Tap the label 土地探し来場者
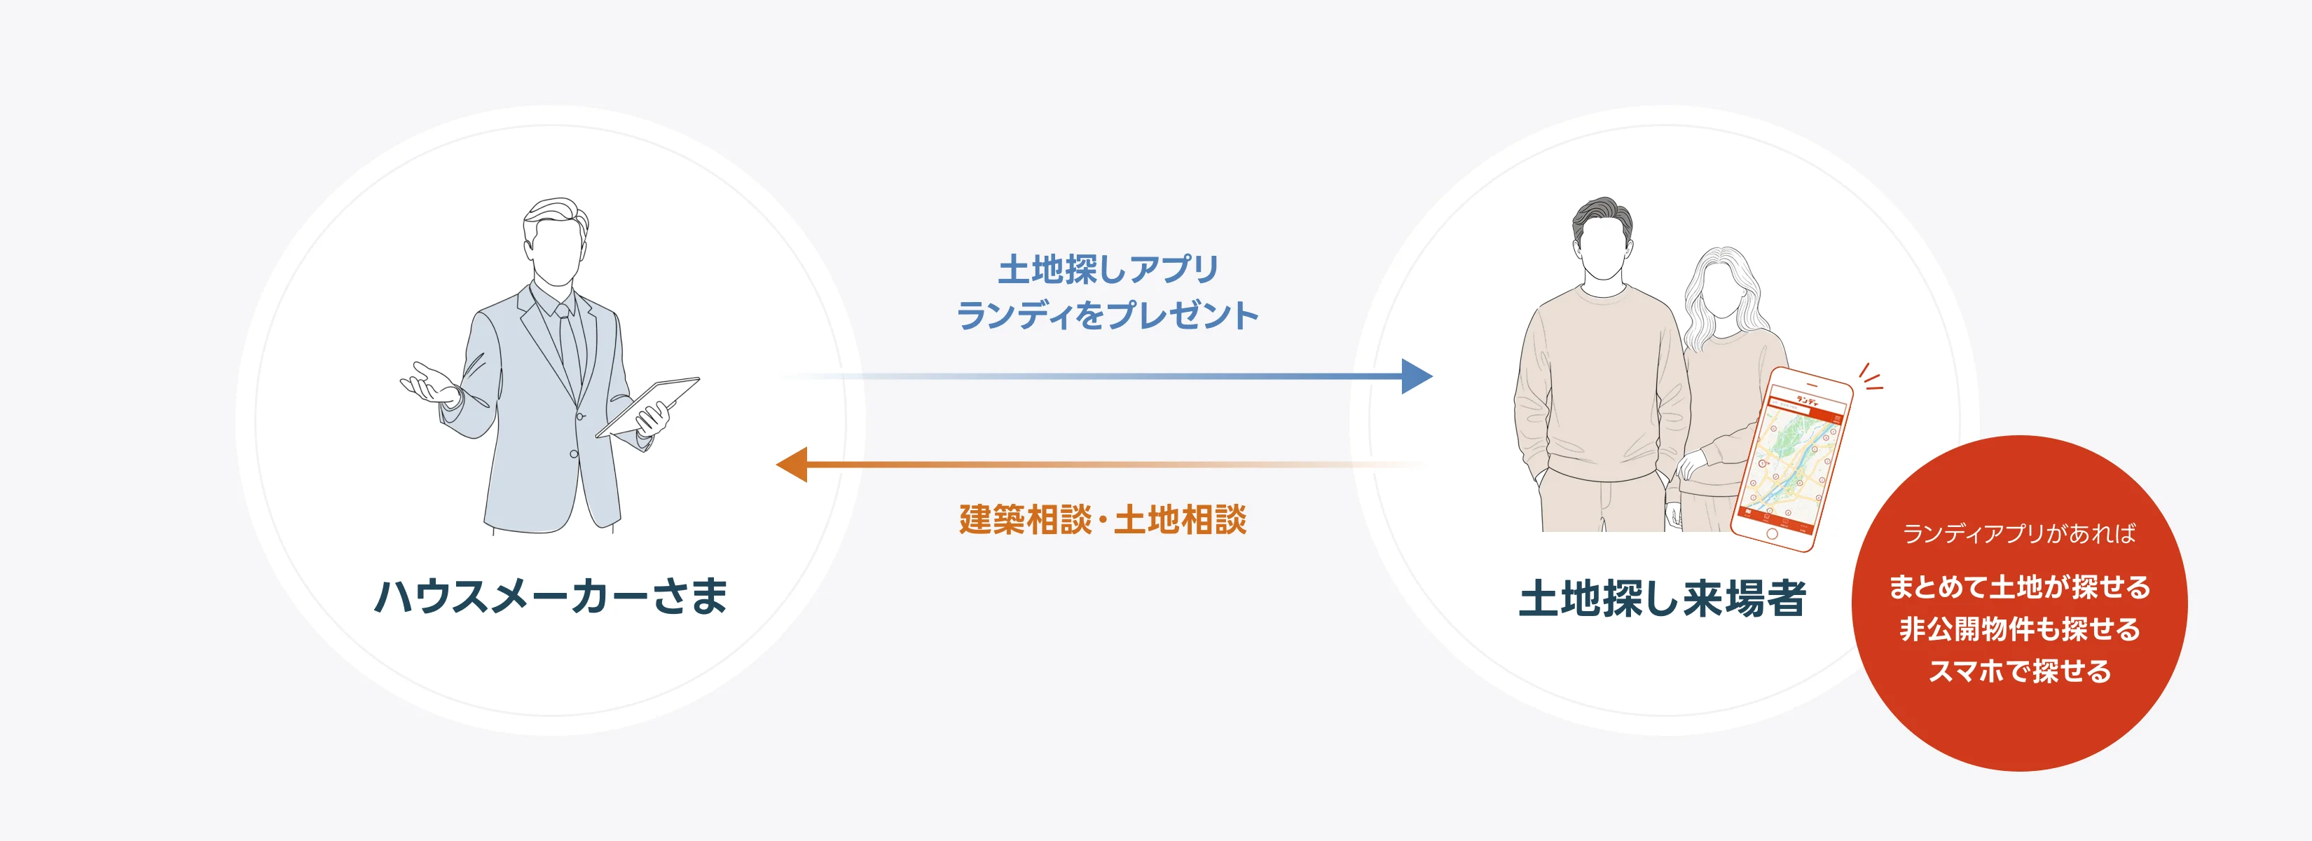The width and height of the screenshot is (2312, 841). coord(1661,599)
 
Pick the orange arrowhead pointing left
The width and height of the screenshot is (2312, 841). coord(792,465)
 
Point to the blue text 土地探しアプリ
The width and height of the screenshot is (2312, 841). coord(1108,268)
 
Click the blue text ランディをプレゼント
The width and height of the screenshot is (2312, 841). coord(1107,315)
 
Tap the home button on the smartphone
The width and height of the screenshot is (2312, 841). coord(1772,534)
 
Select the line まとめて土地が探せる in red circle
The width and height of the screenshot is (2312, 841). coord(2019,587)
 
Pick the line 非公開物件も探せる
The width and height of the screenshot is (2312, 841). coord(2019,629)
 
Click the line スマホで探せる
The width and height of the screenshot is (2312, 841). coord(2019,671)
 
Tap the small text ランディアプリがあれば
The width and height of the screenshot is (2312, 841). coord(2018,534)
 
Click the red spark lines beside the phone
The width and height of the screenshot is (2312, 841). coord(1871,378)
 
